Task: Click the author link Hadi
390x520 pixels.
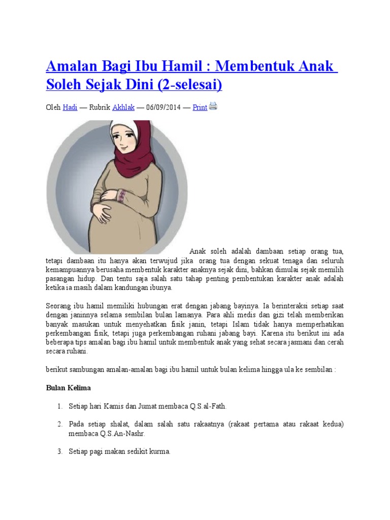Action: tap(70, 108)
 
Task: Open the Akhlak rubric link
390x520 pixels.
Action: tap(123, 108)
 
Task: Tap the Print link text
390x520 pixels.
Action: tap(200, 108)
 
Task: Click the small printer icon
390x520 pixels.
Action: tap(213, 106)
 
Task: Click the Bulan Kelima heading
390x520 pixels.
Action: tap(68, 388)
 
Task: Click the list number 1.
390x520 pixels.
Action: tap(59, 406)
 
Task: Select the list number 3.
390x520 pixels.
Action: tap(59, 451)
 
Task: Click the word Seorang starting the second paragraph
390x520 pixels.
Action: tap(58, 306)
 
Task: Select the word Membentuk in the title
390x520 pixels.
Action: tap(250, 67)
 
